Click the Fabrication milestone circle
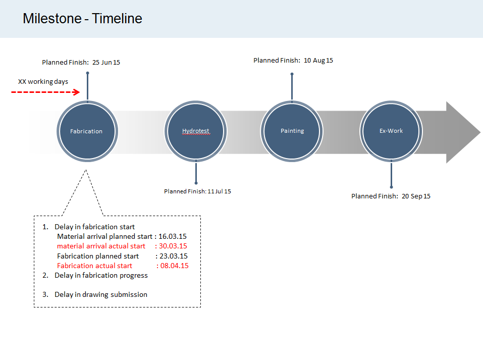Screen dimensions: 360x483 click(87, 131)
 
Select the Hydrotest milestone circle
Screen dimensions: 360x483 click(196, 131)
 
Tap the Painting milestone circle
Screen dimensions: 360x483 click(292, 131)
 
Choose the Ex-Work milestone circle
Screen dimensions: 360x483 click(391, 131)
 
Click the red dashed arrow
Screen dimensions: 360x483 click(46, 92)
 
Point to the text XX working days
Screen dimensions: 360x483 click(43, 81)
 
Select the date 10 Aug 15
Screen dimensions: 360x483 click(318, 60)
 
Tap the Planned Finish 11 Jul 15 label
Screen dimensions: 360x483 click(197, 191)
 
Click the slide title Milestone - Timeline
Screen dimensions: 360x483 click(82, 19)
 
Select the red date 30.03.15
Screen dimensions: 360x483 click(173, 246)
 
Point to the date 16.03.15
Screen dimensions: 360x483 click(173, 236)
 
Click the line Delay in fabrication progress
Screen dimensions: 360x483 click(101, 275)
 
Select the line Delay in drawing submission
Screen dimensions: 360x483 click(101, 294)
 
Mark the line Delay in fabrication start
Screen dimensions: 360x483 click(94, 227)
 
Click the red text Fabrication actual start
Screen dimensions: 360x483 click(94, 266)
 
